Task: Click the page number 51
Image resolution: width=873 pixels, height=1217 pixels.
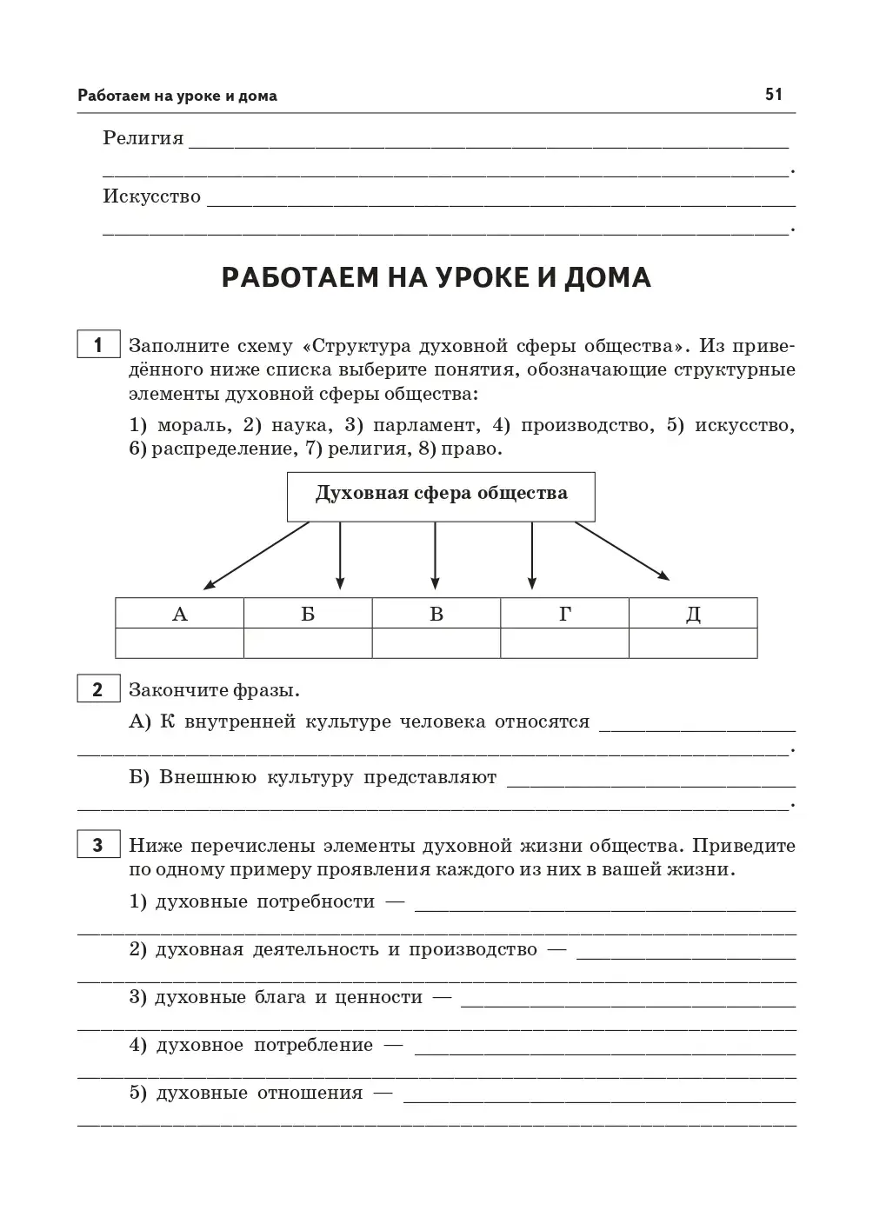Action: (x=774, y=94)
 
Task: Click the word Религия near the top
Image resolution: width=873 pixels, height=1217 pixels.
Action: (x=143, y=138)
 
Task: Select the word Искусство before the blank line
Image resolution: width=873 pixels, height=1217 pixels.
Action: (x=152, y=196)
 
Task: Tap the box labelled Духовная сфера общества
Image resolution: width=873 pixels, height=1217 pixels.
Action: (x=441, y=496)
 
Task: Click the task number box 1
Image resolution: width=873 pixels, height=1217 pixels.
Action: (x=97, y=345)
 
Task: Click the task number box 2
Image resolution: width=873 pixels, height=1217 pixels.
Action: (x=97, y=690)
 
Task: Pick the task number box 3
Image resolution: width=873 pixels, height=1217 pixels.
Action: (x=97, y=845)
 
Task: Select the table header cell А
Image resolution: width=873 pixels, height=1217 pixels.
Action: (x=180, y=614)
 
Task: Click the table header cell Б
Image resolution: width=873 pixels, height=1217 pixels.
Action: (x=308, y=614)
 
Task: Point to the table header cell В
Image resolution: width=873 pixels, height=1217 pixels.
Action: (x=436, y=614)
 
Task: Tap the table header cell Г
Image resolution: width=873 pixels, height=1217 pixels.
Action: (x=564, y=614)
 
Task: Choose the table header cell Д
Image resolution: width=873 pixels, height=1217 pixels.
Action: (x=693, y=614)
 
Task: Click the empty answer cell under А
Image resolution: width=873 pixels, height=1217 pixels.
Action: (x=180, y=643)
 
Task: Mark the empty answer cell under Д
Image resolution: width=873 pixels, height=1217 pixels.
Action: (x=693, y=643)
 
